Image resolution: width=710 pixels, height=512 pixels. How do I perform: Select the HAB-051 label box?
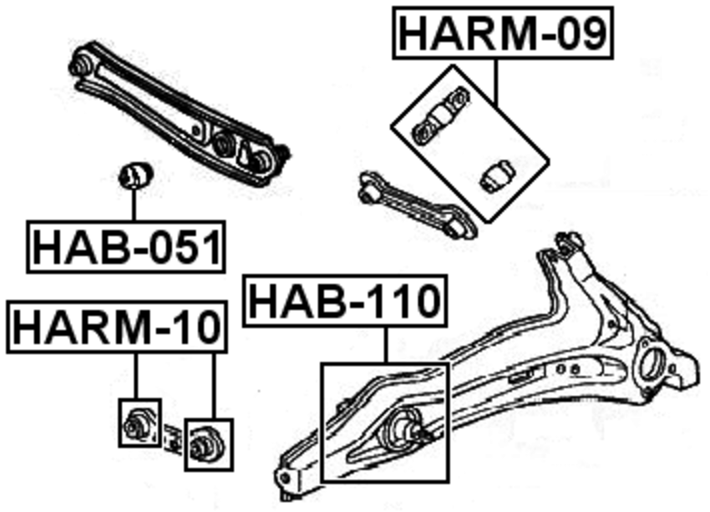(127, 246)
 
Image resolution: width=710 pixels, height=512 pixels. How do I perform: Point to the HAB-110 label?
(346, 302)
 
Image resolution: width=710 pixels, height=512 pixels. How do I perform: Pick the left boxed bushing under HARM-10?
(138, 423)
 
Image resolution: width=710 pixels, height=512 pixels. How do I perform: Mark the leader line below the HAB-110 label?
(387, 346)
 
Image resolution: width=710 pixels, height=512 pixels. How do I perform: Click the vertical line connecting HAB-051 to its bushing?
(134, 205)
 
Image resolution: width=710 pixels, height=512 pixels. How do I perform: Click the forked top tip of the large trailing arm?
(570, 241)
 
